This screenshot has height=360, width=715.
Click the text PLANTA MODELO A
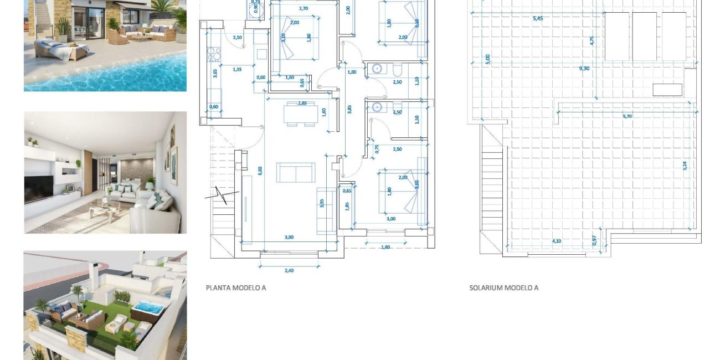click(235, 288)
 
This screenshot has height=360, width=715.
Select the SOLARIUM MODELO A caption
click(503, 288)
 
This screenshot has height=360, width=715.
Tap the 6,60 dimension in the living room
click(260, 171)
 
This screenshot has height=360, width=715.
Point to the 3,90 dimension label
click(289, 237)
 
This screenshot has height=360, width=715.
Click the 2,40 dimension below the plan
click(289, 270)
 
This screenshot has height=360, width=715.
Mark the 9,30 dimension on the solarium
click(584, 69)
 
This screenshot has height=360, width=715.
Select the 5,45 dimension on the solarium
click(538, 18)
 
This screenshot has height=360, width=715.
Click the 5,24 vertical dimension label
click(685, 165)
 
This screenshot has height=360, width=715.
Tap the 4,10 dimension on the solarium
click(557, 241)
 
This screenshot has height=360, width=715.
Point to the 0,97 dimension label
click(594, 241)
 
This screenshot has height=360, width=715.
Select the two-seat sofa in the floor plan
click(296, 172)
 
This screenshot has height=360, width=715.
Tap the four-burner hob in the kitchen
click(214, 54)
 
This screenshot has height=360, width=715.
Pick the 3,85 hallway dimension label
click(349, 110)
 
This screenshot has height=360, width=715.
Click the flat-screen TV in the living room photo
click(39, 188)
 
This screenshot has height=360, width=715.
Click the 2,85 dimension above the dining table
click(302, 103)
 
